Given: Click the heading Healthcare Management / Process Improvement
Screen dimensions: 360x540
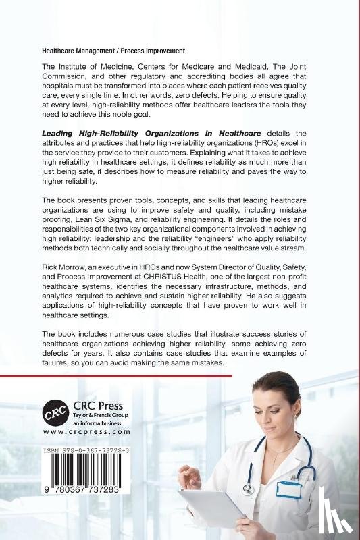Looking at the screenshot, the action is [113, 51].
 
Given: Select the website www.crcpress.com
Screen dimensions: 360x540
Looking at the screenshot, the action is [86, 431].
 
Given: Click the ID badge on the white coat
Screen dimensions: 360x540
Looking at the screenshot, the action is [288, 489].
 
